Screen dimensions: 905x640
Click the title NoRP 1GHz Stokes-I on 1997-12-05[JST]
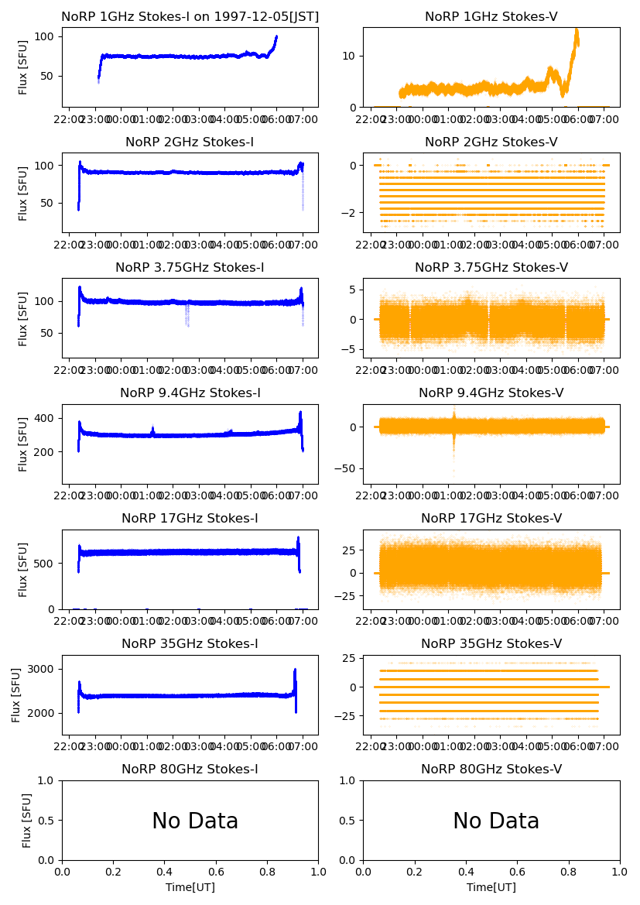(x=190, y=17)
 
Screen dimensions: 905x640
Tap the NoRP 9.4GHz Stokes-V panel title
(x=491, y=393)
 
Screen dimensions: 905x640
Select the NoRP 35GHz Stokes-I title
(x=190, y=644)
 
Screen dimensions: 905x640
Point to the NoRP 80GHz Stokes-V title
(x=491, y=770)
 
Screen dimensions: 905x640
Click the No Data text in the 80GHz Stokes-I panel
(x=195, y=821)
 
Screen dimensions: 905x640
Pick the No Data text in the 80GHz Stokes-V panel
(x=496, y=821)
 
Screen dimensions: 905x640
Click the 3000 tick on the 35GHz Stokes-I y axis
(x=43, y=669)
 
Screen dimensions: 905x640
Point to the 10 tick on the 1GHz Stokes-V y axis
(x=350, y=56)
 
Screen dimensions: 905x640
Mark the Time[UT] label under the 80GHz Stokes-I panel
(x=190, y=887)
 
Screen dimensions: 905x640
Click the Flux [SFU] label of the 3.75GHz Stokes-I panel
(x=23, y=318)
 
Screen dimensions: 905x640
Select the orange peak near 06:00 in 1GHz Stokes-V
(x=576, y=33)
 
